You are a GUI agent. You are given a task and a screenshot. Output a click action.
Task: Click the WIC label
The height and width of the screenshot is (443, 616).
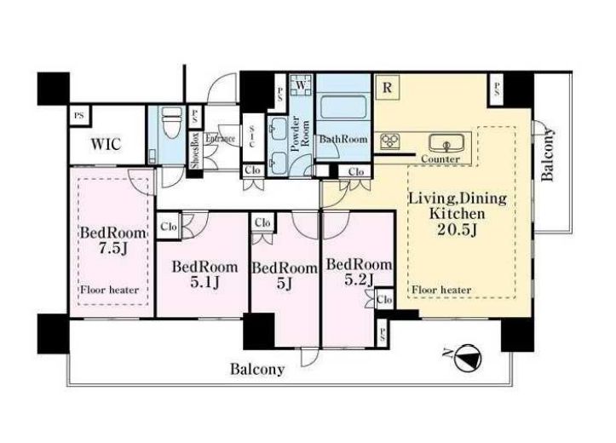[106, 144]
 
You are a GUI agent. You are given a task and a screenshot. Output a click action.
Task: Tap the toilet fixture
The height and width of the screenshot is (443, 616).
[171, 122]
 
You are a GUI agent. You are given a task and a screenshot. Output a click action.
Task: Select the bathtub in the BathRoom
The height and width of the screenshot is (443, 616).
[343, 106]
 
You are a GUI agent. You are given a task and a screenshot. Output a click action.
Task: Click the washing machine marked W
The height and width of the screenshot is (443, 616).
[302, 85]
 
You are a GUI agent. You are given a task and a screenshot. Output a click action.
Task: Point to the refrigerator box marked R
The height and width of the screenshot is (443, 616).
[387, 87]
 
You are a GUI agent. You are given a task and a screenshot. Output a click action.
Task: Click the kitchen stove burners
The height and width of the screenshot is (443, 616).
[389, 141]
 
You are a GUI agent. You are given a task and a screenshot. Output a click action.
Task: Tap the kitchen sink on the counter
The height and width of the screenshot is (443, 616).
[446, 143]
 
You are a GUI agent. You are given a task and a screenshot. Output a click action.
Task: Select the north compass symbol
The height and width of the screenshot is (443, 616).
[465, 358]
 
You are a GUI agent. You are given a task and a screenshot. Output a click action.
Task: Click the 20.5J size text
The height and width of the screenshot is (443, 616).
[457, 230]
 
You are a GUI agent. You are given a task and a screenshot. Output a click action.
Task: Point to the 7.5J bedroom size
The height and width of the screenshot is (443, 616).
[112, 248]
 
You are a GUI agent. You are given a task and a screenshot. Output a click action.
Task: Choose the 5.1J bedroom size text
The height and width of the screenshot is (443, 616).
[204, 282]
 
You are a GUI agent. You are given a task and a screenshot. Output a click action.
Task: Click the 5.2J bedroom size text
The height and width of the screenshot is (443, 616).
[359, 279]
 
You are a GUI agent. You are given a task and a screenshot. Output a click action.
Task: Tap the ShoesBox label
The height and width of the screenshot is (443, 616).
[195, 151]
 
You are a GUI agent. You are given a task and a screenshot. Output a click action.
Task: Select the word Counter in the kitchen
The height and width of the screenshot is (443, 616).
[440, 159]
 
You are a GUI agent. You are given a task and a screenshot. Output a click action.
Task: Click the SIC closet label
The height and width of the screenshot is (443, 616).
[252, 137]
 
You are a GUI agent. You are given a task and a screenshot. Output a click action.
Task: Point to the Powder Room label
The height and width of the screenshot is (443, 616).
[300, 134]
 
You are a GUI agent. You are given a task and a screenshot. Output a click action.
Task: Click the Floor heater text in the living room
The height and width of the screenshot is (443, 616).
[441, 290]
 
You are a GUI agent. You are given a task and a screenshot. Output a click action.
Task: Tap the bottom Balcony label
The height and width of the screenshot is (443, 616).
[257, 369]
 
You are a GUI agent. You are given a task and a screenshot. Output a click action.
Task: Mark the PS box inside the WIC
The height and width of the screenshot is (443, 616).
[80, 116]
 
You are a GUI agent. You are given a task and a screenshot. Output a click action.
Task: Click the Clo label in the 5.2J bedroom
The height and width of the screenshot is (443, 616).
[384, 300]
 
